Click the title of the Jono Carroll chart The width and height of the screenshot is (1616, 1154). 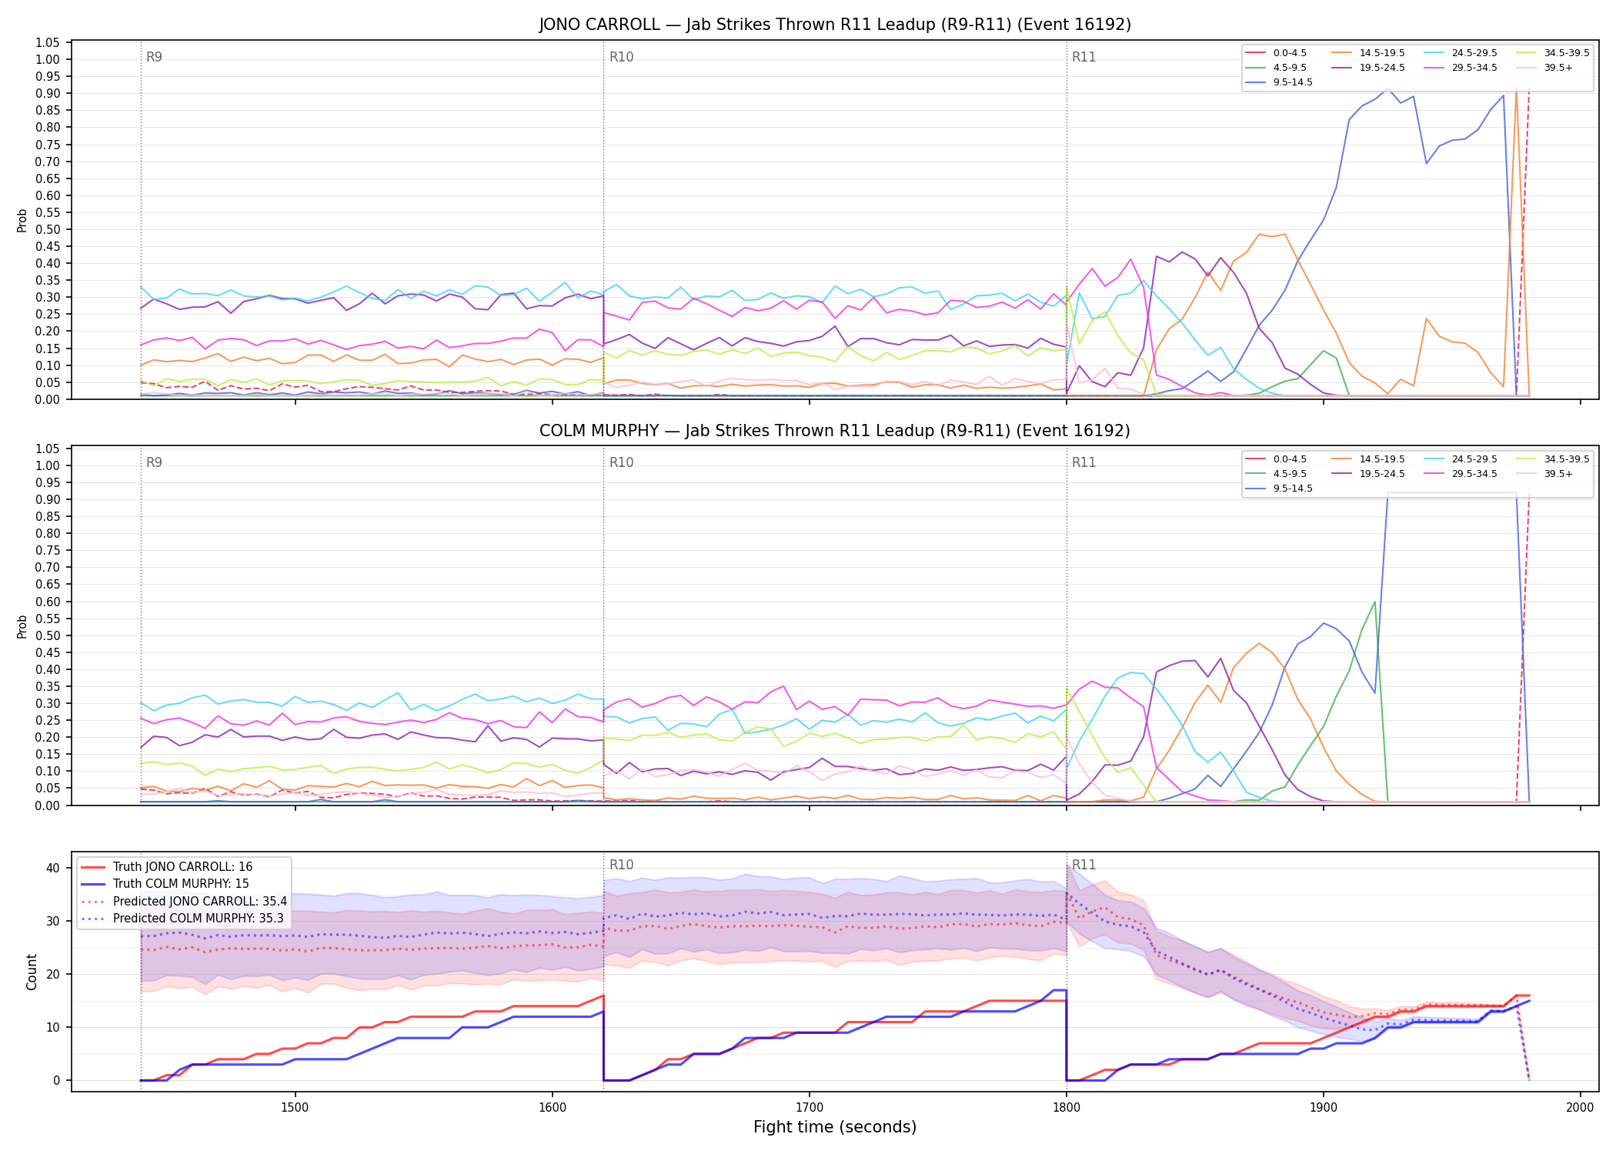(835, 25)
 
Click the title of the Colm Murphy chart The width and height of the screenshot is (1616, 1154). (835, 431)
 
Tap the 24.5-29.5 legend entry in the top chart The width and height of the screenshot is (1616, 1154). (1461, 53)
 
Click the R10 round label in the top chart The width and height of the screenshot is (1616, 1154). (621, 58)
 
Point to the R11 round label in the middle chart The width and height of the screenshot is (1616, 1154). (1083, 463)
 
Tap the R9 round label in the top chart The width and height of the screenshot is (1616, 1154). (154, 58)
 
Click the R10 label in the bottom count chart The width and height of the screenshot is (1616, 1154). (621, 865)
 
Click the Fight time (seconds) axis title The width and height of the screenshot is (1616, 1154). (835, 1128)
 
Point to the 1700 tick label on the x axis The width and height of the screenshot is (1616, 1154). (809, 1108)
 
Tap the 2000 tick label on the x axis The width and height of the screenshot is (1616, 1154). (1580, 1108)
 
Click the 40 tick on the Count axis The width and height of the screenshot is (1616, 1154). (53, 869)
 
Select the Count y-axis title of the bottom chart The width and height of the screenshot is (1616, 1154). (32, 972)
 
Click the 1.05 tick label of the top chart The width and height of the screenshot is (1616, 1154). (48, 43)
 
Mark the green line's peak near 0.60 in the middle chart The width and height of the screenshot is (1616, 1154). (1374, 602)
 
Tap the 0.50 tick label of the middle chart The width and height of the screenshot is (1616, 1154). (48, 636)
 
